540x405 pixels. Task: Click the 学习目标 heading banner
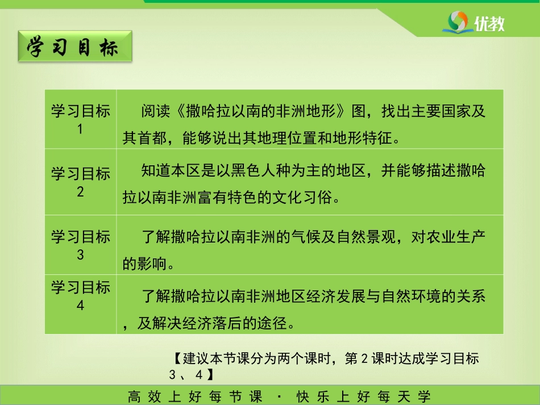[75, 47]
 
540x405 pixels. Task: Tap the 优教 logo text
[489, 24]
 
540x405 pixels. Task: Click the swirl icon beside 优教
[458, 22]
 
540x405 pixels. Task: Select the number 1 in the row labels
[80, 129]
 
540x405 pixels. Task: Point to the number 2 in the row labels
[80, 191]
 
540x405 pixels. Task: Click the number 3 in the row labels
[80, 254]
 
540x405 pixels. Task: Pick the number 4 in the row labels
[80, 305]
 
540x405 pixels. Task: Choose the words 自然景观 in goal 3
[367, 237]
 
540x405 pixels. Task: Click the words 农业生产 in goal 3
[456, 237]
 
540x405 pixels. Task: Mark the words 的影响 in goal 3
[145, 264]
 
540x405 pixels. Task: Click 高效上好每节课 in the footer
[194, 396]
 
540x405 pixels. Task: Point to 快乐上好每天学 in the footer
[363, 396]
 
